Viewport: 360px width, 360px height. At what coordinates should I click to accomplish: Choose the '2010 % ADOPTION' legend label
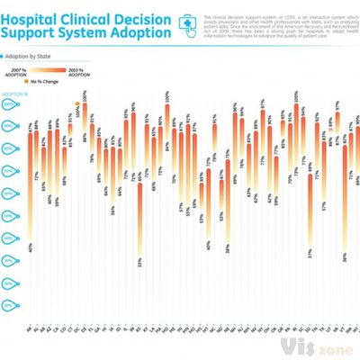coord(77,71)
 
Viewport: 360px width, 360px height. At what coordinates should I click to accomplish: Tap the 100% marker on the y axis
coord(9,104)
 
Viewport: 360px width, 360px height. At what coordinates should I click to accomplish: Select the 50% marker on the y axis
coord(9,216)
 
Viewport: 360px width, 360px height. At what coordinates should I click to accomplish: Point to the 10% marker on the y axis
coord(9,306)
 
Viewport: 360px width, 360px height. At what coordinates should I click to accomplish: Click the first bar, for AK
coord(30,180)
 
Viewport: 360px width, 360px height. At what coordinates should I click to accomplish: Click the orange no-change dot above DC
coord(77,112)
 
